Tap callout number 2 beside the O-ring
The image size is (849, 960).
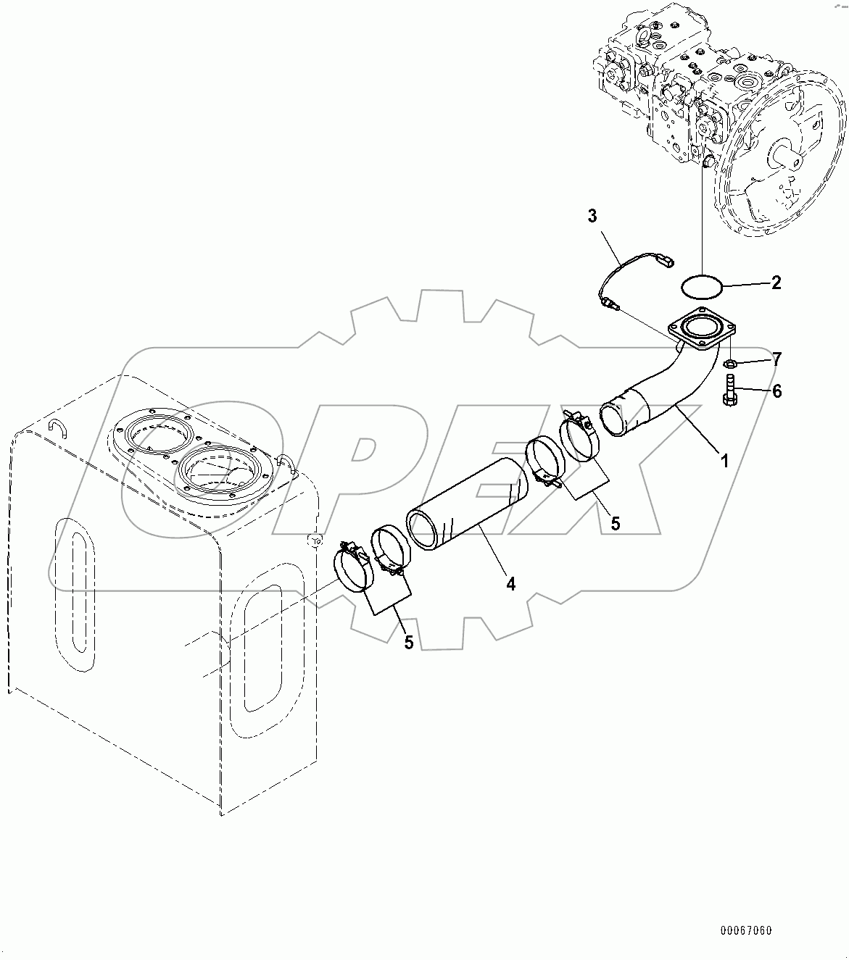coord(776,283)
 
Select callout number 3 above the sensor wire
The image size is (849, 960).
coord(592,216)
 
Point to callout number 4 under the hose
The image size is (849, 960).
coord(511,584)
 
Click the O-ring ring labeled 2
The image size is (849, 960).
coord(703,285)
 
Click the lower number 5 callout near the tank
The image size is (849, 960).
coord(409,642)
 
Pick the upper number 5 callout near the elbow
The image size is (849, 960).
coord(615,523)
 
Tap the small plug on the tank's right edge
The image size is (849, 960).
coord(314,540)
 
